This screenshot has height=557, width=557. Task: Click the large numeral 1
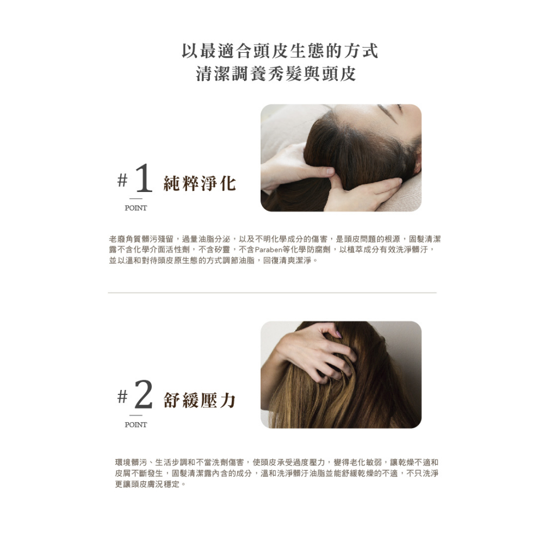[x=144, y=178]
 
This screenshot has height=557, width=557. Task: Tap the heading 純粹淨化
[x=200, y=184]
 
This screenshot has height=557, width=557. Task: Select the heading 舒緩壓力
[x=200, y=400]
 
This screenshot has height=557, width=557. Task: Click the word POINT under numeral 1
[x=135, y=208]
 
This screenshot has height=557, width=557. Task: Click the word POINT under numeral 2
[x=135, y=425]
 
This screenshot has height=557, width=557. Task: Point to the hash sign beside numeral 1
[x=122, y=180]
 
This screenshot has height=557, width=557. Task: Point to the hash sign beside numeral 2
[x=122, y=397]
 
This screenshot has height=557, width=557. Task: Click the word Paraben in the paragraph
[x=268, y=250]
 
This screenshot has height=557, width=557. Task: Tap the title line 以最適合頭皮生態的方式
[x=280, y=51]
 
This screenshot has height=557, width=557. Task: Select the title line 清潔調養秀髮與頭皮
[x=276, y=74]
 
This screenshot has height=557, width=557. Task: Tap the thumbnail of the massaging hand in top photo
[x=330, y=171]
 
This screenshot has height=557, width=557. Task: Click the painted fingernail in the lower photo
[x=338, y=335]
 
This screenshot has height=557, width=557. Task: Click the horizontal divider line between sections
[x=272, y=293]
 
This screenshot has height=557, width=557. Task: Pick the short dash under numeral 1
[x=135, y=199]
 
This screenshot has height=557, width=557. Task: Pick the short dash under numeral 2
[x=135, y=415]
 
